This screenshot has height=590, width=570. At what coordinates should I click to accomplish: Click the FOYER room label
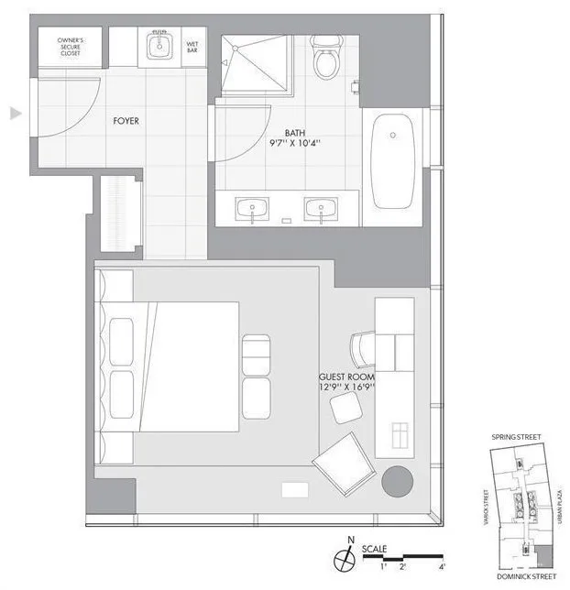pyautogui.click(x=126, y=120)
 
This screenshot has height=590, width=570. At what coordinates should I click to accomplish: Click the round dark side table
pyautogui.click(x=397, y=480)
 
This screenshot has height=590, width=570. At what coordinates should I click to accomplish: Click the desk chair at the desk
pyautogui.click(x=363, y=349)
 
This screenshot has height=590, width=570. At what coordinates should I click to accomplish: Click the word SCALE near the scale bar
pyautogui.click(x=374, y=549)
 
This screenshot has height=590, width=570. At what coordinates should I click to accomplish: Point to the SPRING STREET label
pyautogui.click(x=518, y=437)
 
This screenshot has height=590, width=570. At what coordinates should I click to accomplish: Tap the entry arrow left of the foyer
pyautogui.click(x=15, y=113)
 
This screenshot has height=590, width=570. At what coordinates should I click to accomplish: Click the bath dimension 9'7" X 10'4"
pyautogui.click(x=294, y=144)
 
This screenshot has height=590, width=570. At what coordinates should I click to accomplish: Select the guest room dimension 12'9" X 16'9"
pyautogui.click(x=346, y=388)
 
